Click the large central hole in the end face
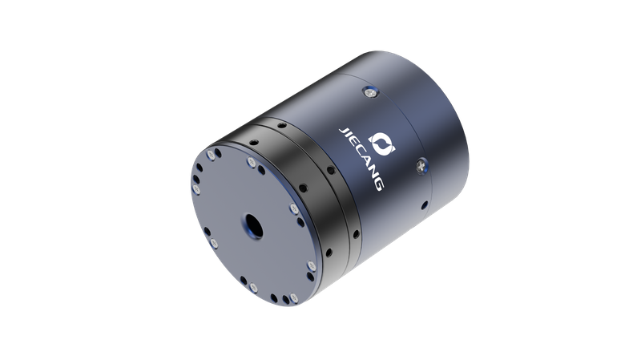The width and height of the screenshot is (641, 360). tap(253, 225)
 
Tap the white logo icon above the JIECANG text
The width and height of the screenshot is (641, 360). tap(382, 144)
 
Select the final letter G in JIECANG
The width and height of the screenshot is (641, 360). tap(378, 184)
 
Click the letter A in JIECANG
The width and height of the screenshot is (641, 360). tap(367, 166)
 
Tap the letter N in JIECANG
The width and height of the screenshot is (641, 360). tap(373, 175)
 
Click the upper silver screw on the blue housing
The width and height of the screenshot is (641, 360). tap(371, 93)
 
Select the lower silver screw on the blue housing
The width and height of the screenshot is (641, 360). tap(421, 166)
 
